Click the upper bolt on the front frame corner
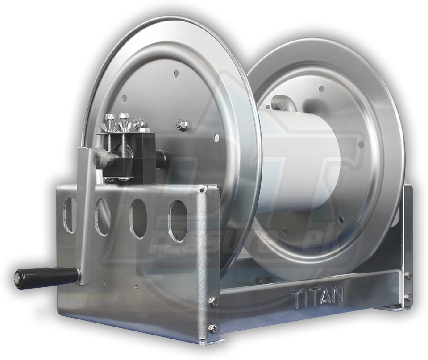click(213, 302)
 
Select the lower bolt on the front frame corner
click(213, 329)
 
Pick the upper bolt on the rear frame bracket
click(407, 276)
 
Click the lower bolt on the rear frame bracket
click(407, 297)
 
